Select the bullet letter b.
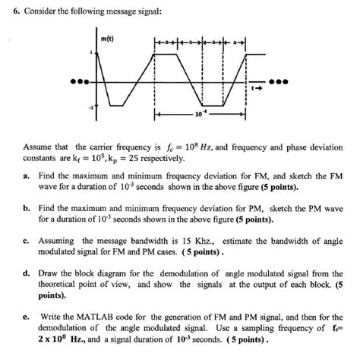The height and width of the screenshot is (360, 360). pos(26,207)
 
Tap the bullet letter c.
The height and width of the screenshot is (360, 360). pos(26,238)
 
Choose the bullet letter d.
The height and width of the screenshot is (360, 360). pos(26,271)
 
